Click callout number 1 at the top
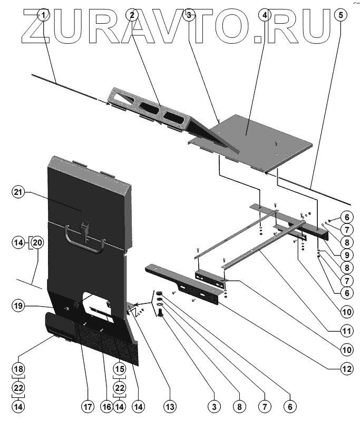(45, 15)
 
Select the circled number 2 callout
(132, 15)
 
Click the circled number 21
(20, 193)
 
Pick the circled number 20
(36, 242)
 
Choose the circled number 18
(20, 368)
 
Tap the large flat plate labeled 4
(258, 137)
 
